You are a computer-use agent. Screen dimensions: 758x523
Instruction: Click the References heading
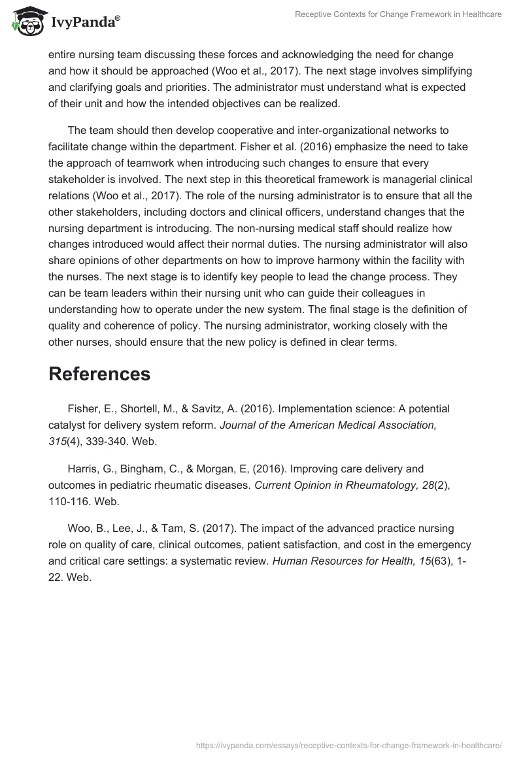click(x=99, y=374)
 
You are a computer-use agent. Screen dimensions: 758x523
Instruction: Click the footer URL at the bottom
click(x=348, y=744)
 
